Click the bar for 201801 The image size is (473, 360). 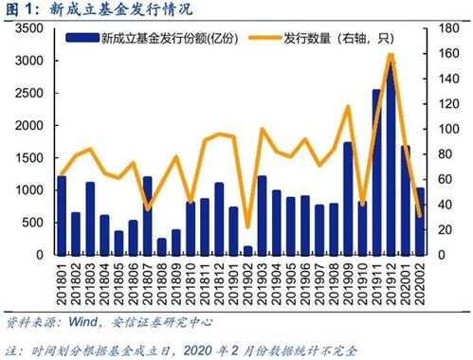point(62,215)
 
